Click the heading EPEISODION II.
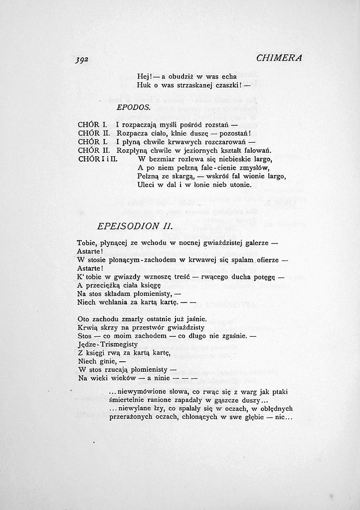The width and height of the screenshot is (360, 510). point(135,226)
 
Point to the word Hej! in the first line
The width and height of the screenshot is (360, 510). point(145,76)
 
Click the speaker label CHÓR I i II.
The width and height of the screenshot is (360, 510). point(97,159)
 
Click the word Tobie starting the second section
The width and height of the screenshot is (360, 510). point(87,243)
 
